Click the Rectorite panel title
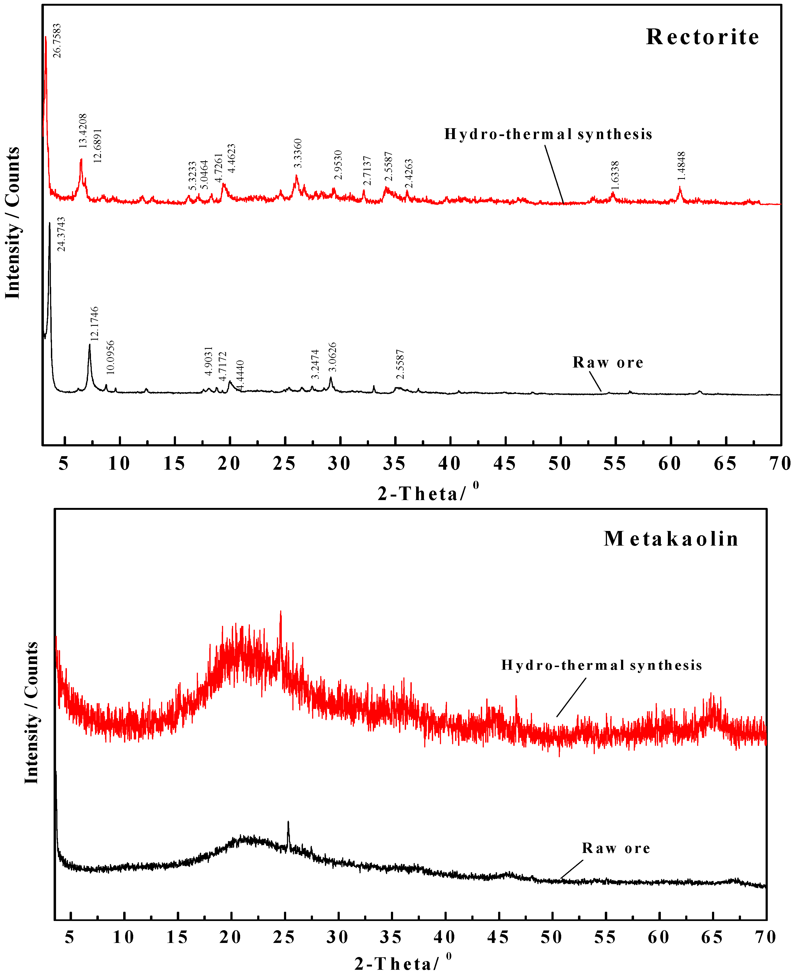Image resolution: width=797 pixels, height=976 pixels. coord(703,37)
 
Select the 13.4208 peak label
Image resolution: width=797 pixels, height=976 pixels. coord(83,131)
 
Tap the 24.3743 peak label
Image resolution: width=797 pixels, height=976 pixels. coord(61,234)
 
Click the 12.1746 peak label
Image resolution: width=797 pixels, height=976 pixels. coord(94,324)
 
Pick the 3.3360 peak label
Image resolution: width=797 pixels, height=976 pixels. coord(298,153)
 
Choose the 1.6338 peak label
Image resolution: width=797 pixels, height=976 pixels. coord(615,175)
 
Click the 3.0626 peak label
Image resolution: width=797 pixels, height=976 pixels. coord(332,357)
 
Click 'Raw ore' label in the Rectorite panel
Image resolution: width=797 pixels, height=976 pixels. coord(608,363)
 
